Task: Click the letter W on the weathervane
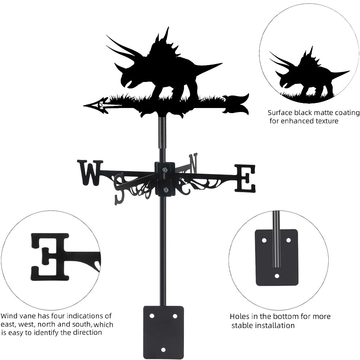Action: (90, 173)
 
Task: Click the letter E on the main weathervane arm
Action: (245, 178)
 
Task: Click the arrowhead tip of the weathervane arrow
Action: (84, 105)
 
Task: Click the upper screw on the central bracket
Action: (165, 170)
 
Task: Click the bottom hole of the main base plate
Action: (163, 350)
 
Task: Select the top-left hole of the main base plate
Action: (152, 316)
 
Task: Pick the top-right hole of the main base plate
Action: (175, 316)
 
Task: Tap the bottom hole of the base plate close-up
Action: (277, 276)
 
